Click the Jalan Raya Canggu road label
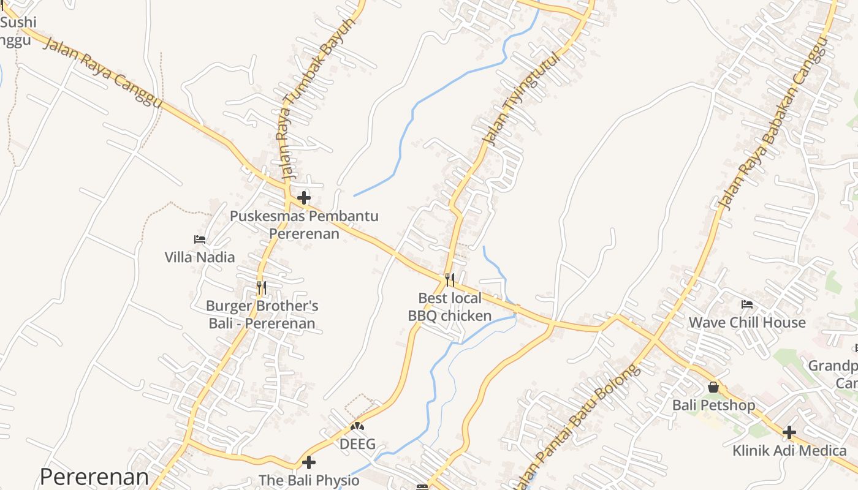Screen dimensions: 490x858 click(103, 72)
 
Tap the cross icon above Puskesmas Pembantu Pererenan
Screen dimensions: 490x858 click(303, 198)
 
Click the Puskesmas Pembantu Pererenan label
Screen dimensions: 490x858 click(304, 225)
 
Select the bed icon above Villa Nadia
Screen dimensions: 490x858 click(199, 239)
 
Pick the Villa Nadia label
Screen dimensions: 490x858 click(200, 257)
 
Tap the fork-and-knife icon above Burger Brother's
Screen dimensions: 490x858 click(261, 287)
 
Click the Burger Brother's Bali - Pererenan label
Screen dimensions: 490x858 click(262, 315)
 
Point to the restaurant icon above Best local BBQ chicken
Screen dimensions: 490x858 click(450, 280)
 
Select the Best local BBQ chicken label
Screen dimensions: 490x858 click(450, 307)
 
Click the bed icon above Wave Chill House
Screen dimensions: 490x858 click(746, 304)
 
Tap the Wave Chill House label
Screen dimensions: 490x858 click(747, 323)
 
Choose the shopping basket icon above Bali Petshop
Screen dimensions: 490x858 click(713, 387)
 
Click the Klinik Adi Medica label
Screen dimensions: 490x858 click(789, 451)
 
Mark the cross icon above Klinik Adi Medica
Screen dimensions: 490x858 click(789, 432)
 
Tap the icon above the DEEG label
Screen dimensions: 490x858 click(357, 426)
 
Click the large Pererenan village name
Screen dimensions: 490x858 click(94, 477)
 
